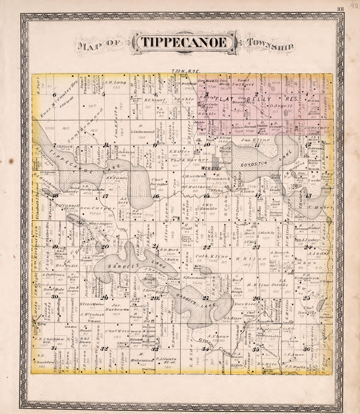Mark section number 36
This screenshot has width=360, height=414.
(x=307, y=349)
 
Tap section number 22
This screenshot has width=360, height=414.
(x=207, y=247)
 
